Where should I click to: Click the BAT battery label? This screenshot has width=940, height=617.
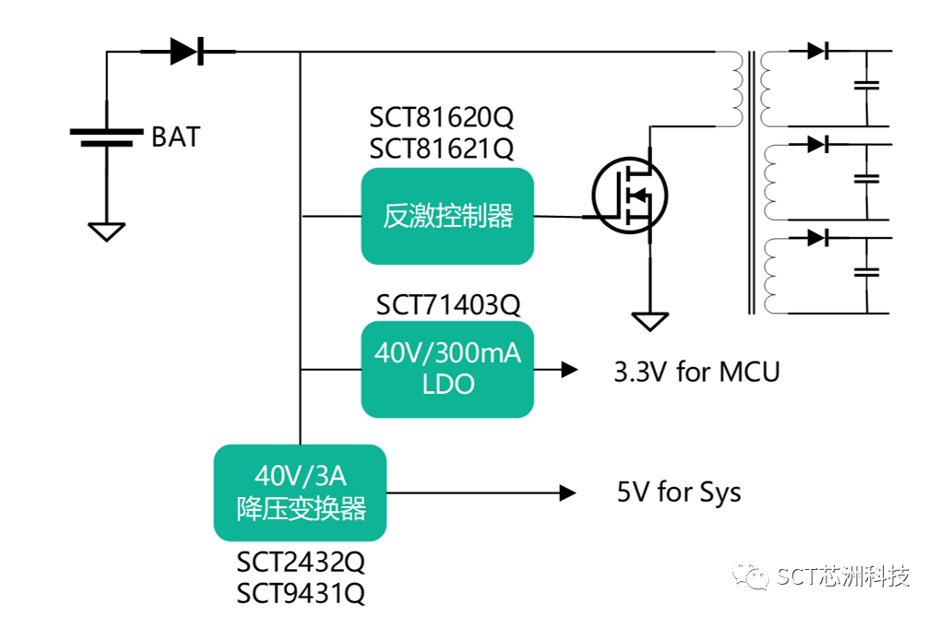[x=175, y=137]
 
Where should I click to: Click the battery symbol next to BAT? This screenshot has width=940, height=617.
[x=107, y=137]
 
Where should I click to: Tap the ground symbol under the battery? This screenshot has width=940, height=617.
[x=107, y=231]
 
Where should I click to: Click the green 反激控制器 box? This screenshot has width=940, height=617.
[x=447, y=217]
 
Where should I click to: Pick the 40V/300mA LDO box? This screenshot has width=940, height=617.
[x=447, y=369]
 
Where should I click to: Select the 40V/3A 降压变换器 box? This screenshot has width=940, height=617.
[x=300, y=492]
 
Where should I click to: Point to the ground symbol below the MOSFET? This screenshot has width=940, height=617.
[x=650, y=321]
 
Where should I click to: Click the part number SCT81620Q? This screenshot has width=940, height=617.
[x=442, y=118]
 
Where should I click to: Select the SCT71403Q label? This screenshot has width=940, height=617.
[x=447, y=304]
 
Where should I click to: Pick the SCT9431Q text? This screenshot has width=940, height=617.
[x=301, y=591]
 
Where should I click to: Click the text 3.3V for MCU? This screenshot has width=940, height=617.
[x=696, y=372]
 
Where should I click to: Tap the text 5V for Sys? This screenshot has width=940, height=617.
[x=678, y=492]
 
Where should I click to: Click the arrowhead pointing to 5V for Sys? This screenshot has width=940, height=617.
[x=568, y=492]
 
